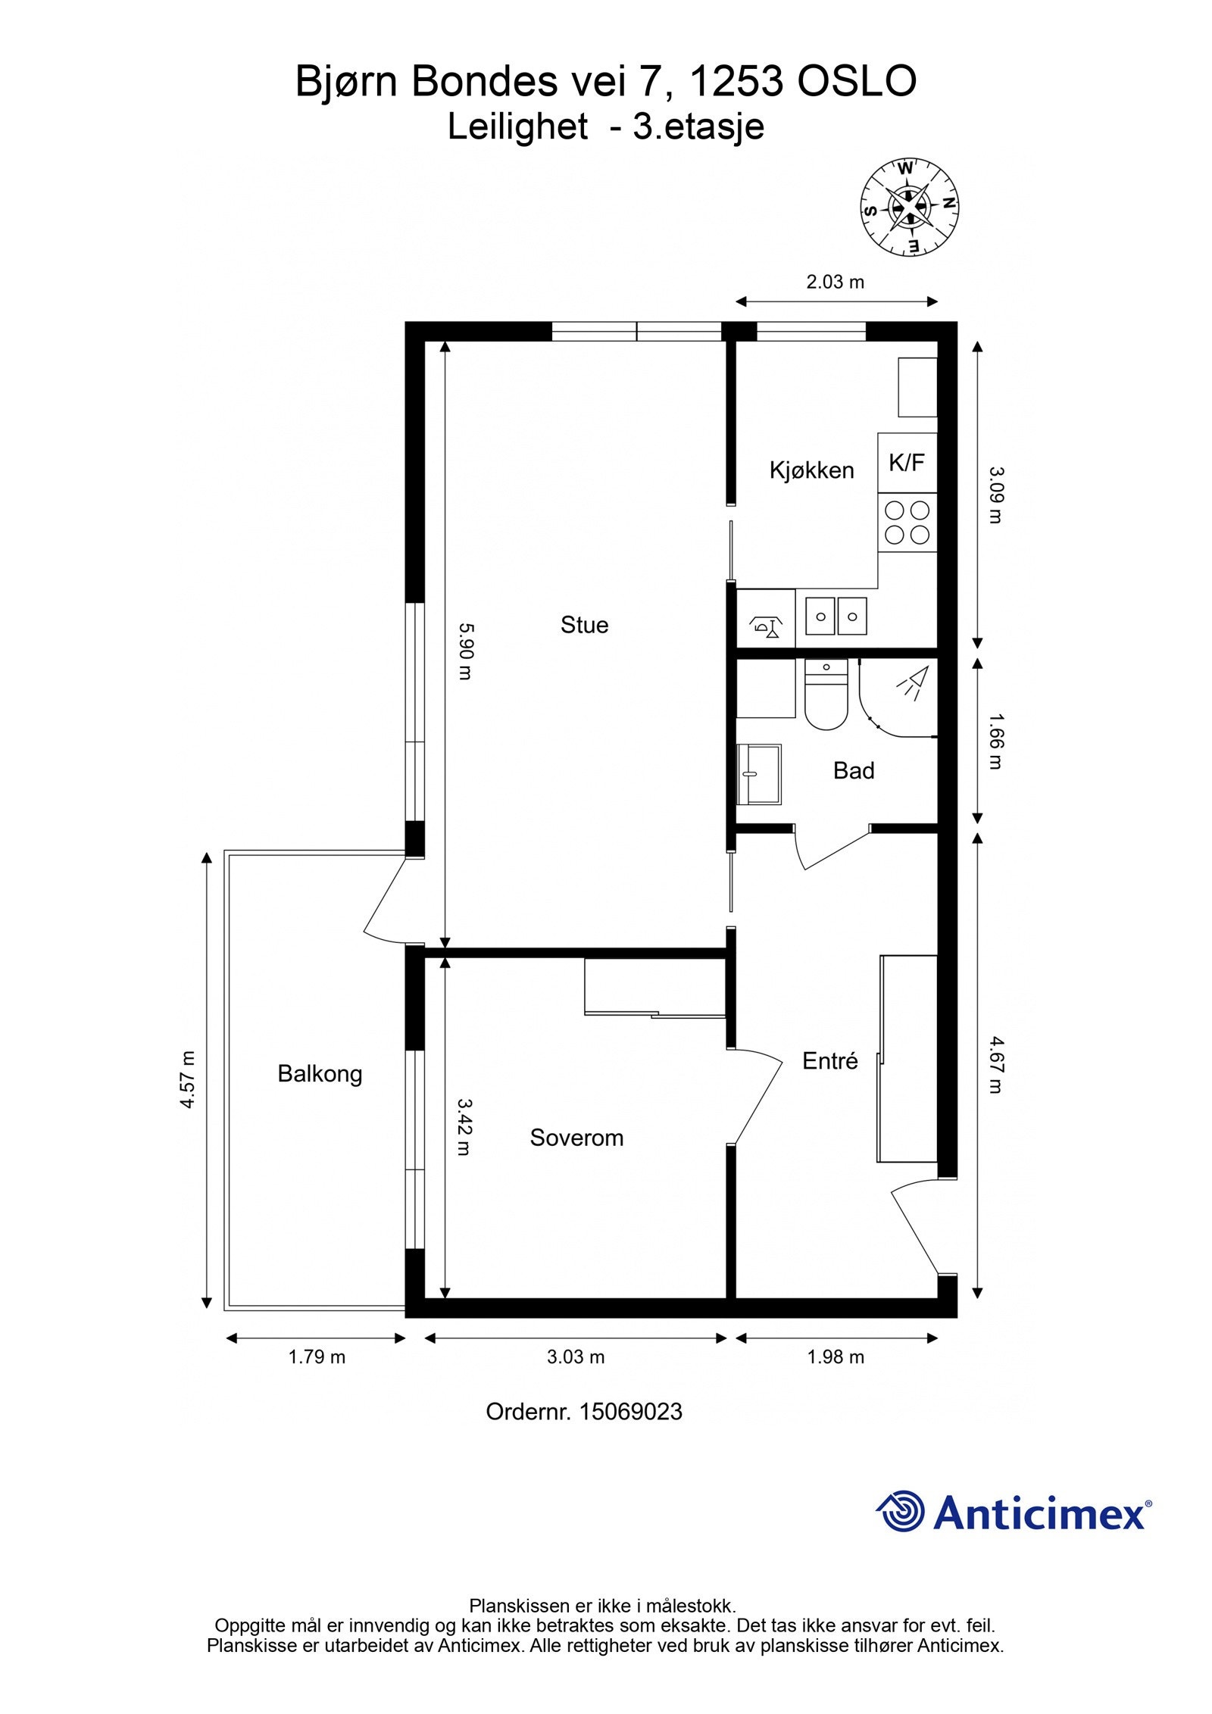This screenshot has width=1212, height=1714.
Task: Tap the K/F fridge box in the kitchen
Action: [x=907, y=462]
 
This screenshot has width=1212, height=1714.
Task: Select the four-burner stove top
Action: [x=907, y=522]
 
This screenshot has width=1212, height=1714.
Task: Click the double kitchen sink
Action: [x=836, y=615]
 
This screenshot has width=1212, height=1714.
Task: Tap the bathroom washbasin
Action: [x=759, y=773]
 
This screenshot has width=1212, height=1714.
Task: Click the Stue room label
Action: [x=584, y=625]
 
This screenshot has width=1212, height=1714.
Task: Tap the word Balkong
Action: [x=320, y=1074]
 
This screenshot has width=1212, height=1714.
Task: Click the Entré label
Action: [x=829, y=1061]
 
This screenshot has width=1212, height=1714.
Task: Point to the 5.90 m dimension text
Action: [x=465, y=651]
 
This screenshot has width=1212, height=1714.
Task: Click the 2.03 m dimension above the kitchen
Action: [x=835, y=283]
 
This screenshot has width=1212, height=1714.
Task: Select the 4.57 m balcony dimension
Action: [x=188, y=1079]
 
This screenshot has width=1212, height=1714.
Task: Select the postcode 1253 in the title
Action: [x=736, y=82]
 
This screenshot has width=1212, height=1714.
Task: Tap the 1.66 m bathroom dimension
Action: [x=995, y=741]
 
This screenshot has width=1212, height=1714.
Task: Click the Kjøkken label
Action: [x=811, y=470]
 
